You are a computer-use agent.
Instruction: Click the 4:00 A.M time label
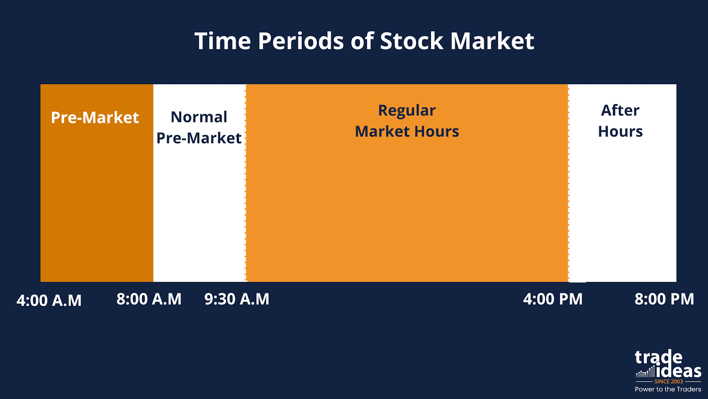click(x=49, y=300)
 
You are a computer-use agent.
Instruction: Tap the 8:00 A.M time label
click(x=149, y=299)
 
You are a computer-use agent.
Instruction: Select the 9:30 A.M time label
click(x=237, y=299)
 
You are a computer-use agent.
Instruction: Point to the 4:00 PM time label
click(x=553, y=299)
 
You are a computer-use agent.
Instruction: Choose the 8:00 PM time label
click(x=664, y=299)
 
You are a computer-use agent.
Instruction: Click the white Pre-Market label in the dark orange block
click(x=95, y=117)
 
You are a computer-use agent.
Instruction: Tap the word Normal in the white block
click(x=199, y=117)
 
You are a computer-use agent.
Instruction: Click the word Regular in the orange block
click(x=407, y=111)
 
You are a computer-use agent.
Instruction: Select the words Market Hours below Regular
click(x=407, y=131)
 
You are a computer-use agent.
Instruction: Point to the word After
click(x=620, y=110)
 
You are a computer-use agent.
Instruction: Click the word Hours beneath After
click(x=620, y=131)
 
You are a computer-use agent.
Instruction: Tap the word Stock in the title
click(x=412, y=41)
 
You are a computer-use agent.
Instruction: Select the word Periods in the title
click(x=301, y=41)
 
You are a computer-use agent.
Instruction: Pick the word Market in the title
click(x=492, y=41)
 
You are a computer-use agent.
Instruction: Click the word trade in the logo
click(x=658, y=357)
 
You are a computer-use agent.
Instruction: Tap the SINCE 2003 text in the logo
click(x=669, y=382)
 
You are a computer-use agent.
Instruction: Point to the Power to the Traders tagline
click(x=668, y=389)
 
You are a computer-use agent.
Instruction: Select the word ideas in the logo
click(x=679, y=371)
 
